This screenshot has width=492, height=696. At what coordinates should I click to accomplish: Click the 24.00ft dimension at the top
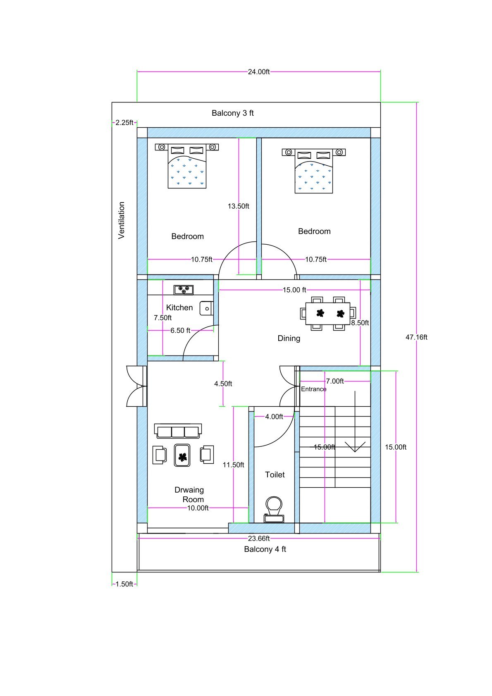click(x=258, y=72)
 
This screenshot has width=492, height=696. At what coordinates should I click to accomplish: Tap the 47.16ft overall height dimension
click(x=416, y=337)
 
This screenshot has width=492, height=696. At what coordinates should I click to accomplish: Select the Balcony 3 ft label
click(x=232, y=113)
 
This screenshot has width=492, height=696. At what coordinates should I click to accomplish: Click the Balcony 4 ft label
click(x=265, y=549)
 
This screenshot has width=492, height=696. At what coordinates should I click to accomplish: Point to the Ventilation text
click(x=121, y=220)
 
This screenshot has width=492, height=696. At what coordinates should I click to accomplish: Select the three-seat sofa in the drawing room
click(x=178, y=431)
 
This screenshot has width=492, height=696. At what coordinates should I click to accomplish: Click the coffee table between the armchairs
click(x=182, y=455)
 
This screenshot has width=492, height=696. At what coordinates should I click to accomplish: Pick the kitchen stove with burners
click(x=184, y=289)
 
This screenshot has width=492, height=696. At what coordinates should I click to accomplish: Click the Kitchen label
click(x=179, y=307)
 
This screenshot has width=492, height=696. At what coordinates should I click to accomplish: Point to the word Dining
click(x=289, y=338)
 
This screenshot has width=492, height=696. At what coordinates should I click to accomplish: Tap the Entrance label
click(x=313, y=389)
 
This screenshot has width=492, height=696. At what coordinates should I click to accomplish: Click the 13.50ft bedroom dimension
click(x=238, y=206)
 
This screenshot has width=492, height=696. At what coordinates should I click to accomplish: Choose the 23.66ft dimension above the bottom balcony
click(x=258, y=538)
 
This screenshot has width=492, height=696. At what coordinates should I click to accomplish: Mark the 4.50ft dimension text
click(x=223, y=384)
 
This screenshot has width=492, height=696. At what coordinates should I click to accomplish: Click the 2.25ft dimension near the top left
click(x=124, y=122)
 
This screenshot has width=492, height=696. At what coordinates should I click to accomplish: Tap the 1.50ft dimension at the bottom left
click(x=124, y=584)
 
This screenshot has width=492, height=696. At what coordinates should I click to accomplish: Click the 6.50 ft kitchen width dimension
click(x=180, y=330)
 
